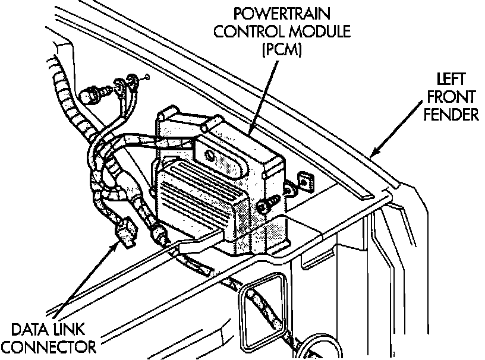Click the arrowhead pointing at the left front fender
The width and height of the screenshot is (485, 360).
(373, 154)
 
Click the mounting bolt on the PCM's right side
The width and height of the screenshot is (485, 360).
(266, 206)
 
